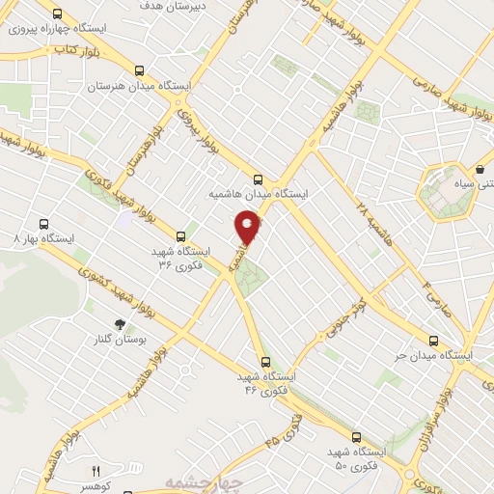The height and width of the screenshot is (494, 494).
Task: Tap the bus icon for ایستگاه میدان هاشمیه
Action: point(258,178)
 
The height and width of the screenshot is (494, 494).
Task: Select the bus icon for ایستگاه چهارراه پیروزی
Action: point(58,14)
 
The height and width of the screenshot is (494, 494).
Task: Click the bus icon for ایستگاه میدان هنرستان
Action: point(140,70)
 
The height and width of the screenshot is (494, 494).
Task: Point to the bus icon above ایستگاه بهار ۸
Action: point(42,223)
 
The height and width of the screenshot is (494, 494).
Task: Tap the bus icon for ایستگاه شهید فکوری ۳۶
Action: point(181,235)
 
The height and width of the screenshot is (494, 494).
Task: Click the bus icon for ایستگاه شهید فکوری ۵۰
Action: point(356,437)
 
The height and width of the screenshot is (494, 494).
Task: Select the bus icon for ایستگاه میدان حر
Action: point(433,341)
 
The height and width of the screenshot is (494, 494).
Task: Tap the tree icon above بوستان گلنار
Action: point(120,325)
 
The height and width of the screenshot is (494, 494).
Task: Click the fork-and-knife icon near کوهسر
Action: point(95,471)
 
